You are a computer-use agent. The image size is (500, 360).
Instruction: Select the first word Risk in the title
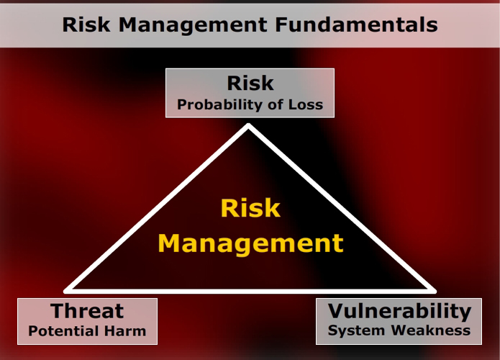[86, 24]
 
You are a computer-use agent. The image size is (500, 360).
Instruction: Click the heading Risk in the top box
[250, 83]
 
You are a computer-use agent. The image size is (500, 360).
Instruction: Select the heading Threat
[87, 311]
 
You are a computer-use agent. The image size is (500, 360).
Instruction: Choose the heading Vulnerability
[399, 311]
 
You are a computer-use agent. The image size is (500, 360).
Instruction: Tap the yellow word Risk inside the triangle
[250, 208]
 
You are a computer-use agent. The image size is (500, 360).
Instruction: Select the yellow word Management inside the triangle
[250, 243]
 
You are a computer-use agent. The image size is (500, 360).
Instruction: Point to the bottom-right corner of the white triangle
[433, 291]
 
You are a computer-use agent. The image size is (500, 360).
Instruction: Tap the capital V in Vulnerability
[336, 311]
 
